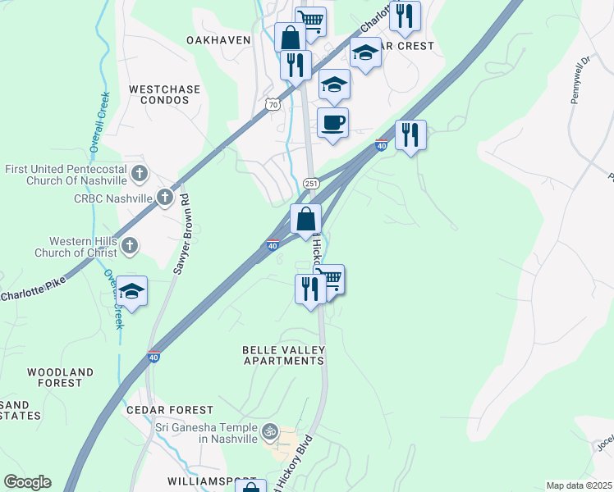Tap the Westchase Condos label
[159, 93]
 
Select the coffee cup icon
[332, 124]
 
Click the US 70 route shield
[273, 104]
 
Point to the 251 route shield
[311, 184]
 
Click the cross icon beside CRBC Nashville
[165, 197]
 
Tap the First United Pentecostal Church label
[66, 175]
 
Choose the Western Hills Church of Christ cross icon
[129, 245]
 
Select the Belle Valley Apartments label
[283, 355]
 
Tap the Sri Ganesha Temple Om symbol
[268, 430]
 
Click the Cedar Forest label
[170, 409]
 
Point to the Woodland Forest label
[55, 377]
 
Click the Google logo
[27, 482]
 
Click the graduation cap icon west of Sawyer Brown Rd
[131, 291]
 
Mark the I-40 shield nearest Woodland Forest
[153, 357]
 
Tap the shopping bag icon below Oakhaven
[290, 38]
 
